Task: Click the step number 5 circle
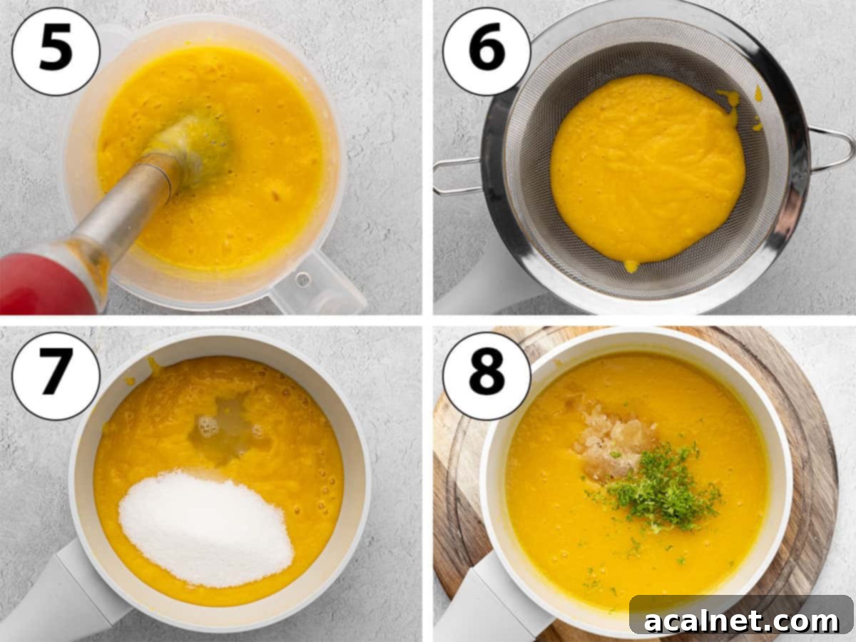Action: (56, 51)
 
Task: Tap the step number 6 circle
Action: (486, 51)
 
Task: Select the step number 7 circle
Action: (56, 376)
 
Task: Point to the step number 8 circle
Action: (486, 376)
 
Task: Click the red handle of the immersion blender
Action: (43, 285)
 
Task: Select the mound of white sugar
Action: (206, 528)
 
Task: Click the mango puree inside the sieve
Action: (648, 168)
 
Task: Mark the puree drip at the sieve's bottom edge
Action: (631, 266)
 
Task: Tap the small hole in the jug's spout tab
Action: (303, 279)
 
